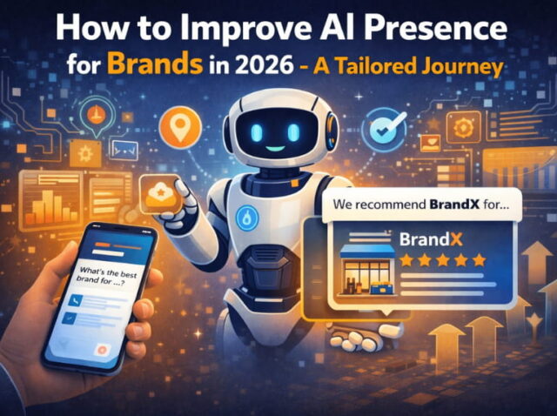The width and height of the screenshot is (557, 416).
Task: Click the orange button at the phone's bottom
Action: pos(103,349)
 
